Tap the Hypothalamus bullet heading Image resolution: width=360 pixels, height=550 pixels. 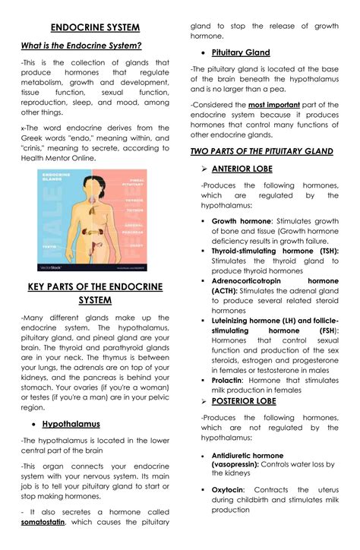point(71,424)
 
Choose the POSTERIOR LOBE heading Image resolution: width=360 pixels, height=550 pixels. point(243,400)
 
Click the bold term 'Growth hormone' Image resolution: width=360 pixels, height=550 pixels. point(241,221)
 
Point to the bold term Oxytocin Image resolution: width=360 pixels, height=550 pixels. point(229,490)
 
